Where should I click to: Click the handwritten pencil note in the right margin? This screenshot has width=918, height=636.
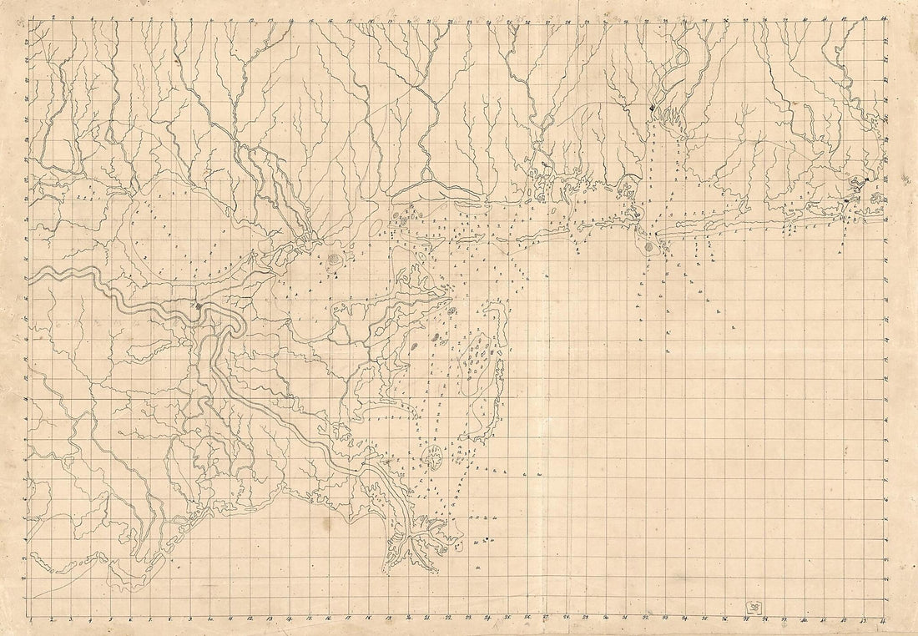tap(906, 177)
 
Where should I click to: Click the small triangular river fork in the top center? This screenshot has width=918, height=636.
tap(428, 174)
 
